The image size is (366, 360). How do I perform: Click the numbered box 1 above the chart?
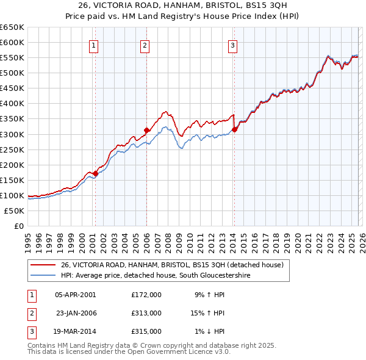(x=94, y=45)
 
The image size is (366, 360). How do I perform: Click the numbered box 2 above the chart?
(x=145, y=45)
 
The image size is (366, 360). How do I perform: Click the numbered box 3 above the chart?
(x=233, y=45)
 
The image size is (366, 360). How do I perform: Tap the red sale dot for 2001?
(x=96, y=173)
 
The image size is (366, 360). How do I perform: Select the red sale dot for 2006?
(x=146, y=130)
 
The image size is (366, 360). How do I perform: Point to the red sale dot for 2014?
(x=234, y=129)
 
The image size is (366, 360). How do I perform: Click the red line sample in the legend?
(x=43, y=265)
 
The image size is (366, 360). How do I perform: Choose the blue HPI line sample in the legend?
(x=43, y=276)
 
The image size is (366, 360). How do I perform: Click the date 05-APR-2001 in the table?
(x=76, y=295)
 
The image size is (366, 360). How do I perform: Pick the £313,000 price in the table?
(x=146, y=313)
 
